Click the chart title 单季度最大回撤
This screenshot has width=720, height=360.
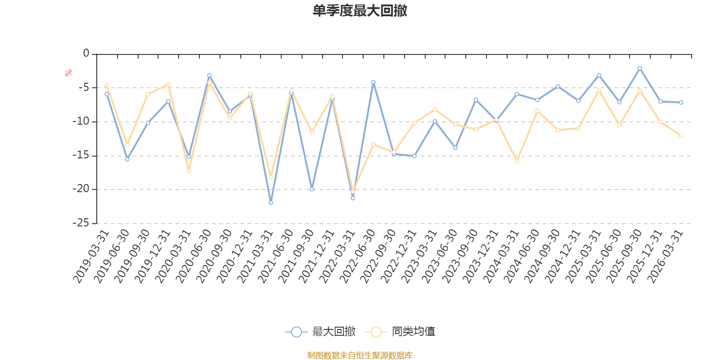(360, 11)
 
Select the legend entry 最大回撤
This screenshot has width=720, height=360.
(321, 332)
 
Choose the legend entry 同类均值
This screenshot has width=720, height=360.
(400, 332)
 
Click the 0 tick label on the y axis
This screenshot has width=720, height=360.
(86, 54)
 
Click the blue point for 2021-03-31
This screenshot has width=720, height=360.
(271, 202)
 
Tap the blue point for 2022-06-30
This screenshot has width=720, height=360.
(373, 82)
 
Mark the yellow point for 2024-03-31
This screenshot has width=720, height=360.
(517, 161)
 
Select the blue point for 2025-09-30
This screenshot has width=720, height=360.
(639, 68)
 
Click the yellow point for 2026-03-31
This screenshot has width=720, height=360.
(681, 135)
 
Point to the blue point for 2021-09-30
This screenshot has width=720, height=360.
(312, 189)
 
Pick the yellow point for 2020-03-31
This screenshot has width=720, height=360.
(189, 171)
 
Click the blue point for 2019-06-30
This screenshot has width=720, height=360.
(127, 159)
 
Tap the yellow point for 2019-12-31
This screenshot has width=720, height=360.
(168, 85)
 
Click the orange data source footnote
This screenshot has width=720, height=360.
(360, 355)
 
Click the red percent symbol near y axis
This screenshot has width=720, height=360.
(68, 73)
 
